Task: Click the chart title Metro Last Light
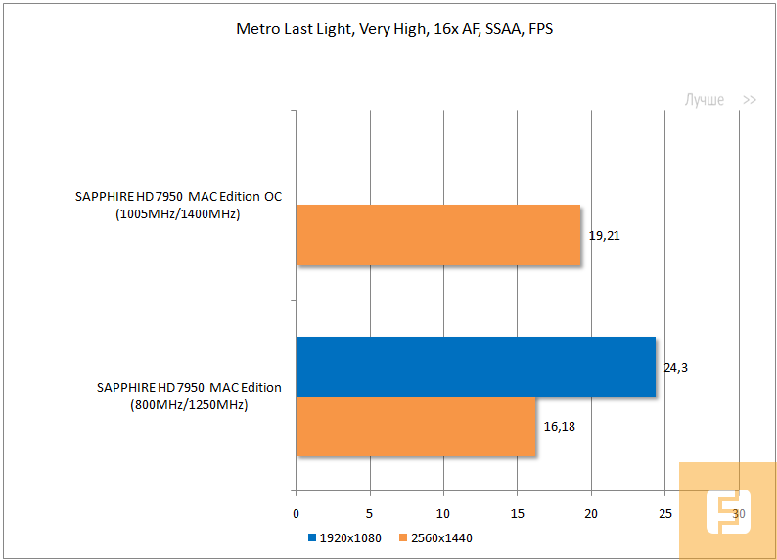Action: pos(395,28)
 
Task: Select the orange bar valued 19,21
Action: pos(438,235)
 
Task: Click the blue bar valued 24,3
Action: pos(476,367)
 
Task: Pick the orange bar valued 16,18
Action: pos(416,426)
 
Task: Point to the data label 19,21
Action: pos(605,236)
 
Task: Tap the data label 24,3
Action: pos(676,368)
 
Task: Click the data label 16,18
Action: pos(560,427)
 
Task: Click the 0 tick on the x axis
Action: pos(296,514)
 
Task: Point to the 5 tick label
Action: pos(369,514)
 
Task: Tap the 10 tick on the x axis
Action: pos(443,514)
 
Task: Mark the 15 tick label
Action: pos(517,514)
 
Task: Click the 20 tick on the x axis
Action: pos(591,514)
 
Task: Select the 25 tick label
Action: pos(664,514)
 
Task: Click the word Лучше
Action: pos(704,100)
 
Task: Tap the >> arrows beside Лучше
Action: pos(750,100)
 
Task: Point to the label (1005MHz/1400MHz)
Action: pos(177,213)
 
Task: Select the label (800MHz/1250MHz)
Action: pos(189,404)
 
